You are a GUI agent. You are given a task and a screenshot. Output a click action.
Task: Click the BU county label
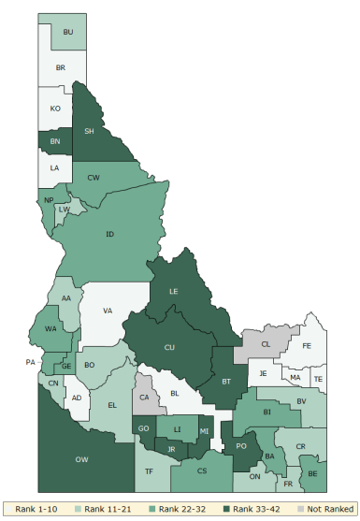pos(67,33)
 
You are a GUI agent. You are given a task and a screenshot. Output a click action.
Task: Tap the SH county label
pos(89,131)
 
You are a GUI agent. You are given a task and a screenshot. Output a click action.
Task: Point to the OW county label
pos(81,458)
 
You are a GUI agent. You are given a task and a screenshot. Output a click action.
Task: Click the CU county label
pos(169,347)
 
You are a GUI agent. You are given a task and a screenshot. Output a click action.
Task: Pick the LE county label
pos(173,292)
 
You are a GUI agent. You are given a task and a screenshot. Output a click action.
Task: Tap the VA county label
pos(108,311)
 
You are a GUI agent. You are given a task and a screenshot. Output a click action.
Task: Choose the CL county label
pos(266,344)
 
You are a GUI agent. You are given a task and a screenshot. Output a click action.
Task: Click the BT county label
pos(225,382)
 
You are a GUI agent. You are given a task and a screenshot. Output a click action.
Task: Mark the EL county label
pos(112,405)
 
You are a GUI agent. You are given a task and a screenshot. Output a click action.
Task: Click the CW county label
pos(93,177)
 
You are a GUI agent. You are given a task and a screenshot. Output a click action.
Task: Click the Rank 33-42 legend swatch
pos(228,509)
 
